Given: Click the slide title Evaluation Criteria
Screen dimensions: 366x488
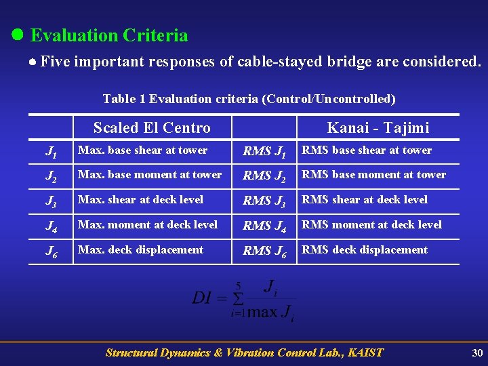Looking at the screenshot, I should tap(108, 35).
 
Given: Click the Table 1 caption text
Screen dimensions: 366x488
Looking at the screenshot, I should tap(249, 99).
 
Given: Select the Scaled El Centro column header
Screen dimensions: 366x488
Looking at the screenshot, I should tap(152, 127).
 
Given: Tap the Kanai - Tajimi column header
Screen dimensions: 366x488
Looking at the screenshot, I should tap(378, 127).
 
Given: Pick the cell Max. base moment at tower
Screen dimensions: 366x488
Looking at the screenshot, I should tap(150, 175).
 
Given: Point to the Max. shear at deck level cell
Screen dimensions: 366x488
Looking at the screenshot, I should tap(140, 199).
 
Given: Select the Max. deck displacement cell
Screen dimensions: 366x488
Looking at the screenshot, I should tap(140, 249).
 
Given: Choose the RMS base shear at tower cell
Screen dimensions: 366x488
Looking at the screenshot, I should tap(366, 150).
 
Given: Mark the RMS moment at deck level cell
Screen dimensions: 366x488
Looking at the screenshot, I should tap(371, 224).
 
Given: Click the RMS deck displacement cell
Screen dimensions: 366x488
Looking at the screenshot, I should tap(364, 249).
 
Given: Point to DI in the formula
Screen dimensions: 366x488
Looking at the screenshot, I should tap(204, 298).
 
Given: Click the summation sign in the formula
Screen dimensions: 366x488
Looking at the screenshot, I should tap(237, 298).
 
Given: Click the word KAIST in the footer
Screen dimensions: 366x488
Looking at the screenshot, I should tap(364, 352).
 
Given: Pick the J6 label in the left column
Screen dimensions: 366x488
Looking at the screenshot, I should tap(52, 251).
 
